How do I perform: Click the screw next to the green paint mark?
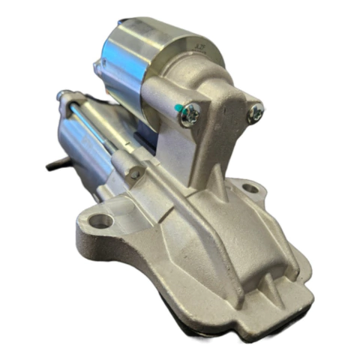[x=190, y=114]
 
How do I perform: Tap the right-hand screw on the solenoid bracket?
[x=256, y=113]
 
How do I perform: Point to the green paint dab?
[x=180, y=110]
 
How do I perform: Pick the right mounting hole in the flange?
[x=250, y=187]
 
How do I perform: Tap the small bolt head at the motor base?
[x=136, y=173]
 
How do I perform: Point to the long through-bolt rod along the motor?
[x=97, y=127]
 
